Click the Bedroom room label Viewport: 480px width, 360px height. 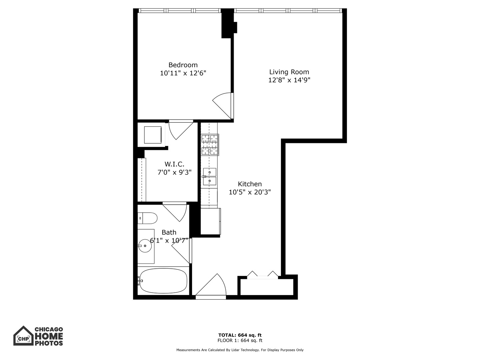[183, 65]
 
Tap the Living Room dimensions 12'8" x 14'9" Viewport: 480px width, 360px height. [289, 80]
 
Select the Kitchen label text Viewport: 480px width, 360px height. [250, 184]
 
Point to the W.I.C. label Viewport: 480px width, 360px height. [174, 164]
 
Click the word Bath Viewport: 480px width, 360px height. [169, 232]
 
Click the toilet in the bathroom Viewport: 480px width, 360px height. [147, 219]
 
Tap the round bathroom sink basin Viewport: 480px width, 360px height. [145, 246]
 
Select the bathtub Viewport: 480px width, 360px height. [163, 281]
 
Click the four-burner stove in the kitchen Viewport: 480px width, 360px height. [210, 145]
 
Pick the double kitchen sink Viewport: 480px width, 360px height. [210, 176]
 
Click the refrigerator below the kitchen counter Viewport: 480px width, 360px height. [210, 221]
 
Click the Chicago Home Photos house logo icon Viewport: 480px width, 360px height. [23, 336]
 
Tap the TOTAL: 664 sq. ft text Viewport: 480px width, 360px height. [240, 335]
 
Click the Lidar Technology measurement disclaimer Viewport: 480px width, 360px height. [240, 350]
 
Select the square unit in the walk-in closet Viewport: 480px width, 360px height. [153, 134]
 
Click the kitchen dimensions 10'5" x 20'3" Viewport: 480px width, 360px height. [250, 192]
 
